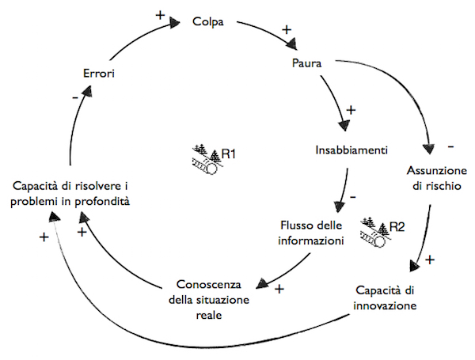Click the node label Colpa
(209, 22)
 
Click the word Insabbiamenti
(352, 149)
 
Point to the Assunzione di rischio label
(433, 177)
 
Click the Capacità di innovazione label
(385, 297)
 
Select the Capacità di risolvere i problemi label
(70, 194)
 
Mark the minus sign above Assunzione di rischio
(450, 147)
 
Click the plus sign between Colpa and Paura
(287, 30)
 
